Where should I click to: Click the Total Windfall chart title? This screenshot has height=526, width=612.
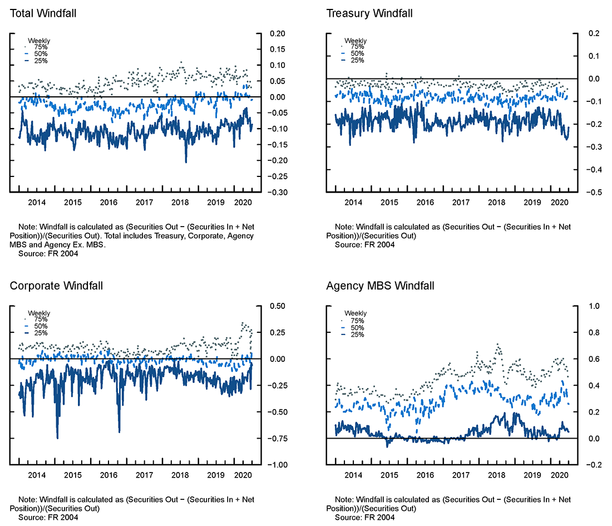pyautogui.click(x=43, y=13)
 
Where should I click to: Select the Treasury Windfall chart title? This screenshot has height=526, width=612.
pyautogui.click(x=369, y=13)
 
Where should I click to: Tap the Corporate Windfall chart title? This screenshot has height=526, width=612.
pyautogui.click(x=56, y=286)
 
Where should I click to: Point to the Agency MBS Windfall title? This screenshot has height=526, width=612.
pyautogui.click(x=380, y=286)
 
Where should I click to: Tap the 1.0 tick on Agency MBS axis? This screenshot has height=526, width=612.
pyautogui.click(x=595, y=306)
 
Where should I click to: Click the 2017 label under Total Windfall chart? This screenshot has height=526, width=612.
pyautogui.click(x=144, y=203)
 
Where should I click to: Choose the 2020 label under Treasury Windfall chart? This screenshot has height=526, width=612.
pyautogui.click(x=559, y=203)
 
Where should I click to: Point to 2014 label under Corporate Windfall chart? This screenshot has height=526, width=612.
pyautogui.click(x=37, y=475)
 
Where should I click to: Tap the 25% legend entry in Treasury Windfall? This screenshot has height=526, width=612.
pyautogui.click(x=357, y=60)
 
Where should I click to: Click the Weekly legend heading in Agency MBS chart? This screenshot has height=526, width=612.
pyautogui.click(x=356, y=313)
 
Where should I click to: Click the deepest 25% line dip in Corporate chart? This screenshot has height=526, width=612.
pyautogui.click(x=57, y=437)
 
